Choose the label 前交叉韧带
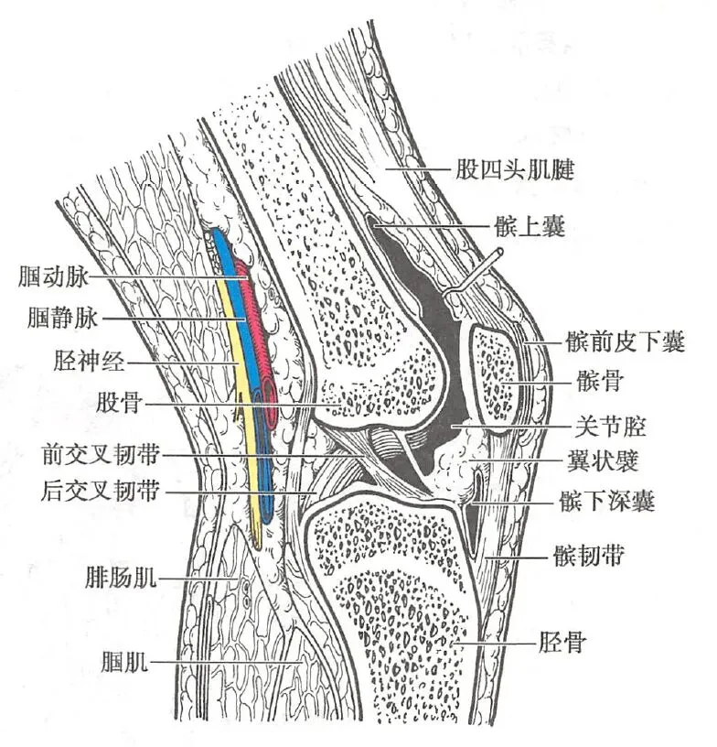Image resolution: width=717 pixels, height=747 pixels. (94, 453)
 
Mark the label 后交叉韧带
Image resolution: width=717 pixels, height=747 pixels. (94, 493)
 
